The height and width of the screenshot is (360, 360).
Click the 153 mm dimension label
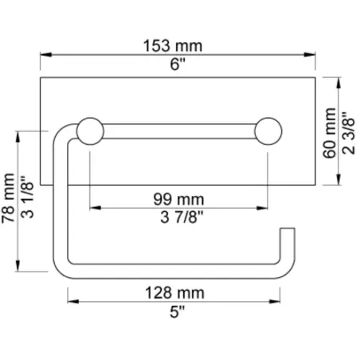coord(179,45)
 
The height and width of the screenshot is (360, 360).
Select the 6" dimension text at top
coord(179,65)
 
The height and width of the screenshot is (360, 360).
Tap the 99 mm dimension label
coord(179,198)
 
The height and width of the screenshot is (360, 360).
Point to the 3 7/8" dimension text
coord(179,217)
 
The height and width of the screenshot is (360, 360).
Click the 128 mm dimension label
coord(179,292)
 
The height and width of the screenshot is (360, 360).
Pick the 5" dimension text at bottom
coord(179,311)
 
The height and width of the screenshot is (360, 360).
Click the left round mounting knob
coord(89,131)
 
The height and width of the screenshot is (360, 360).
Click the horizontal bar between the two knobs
coord(179,131)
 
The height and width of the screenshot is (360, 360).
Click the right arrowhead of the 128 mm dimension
coord(288,302)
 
